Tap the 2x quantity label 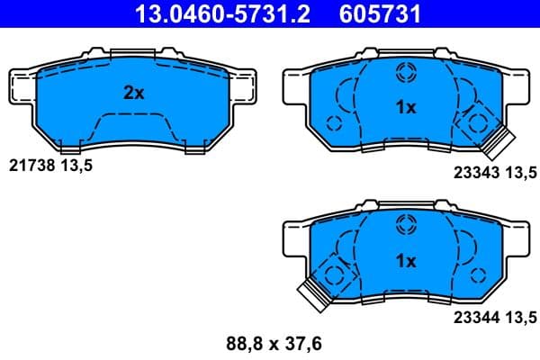(133, 92)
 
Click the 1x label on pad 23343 (406, 108)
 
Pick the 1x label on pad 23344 (406, 261)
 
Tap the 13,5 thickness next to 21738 (77, 166)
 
